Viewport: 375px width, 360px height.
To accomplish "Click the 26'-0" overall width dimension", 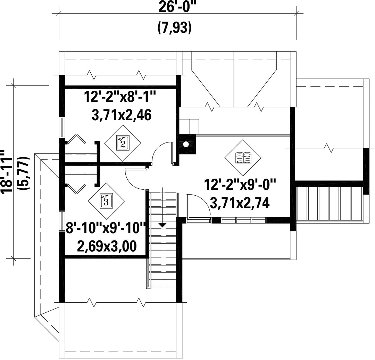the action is (176, 7).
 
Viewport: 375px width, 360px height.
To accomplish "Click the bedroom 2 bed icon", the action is (123, 143).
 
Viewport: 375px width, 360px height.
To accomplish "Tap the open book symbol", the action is (243, 157).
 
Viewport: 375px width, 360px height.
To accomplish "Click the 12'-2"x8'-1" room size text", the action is (119, 97).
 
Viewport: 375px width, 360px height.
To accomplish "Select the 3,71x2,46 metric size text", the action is (122, 115).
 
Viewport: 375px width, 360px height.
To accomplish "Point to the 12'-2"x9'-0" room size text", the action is (240, 185).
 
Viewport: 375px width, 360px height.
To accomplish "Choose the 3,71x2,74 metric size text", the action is (240, 203).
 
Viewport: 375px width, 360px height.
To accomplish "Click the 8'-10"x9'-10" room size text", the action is (106, 228).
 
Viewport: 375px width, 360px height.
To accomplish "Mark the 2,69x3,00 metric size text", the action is (107, 246).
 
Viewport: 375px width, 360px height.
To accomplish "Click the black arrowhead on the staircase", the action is (162, 225).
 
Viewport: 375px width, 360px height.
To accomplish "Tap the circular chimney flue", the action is (186, 144).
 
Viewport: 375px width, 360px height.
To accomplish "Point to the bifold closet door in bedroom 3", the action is (76, 188).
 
